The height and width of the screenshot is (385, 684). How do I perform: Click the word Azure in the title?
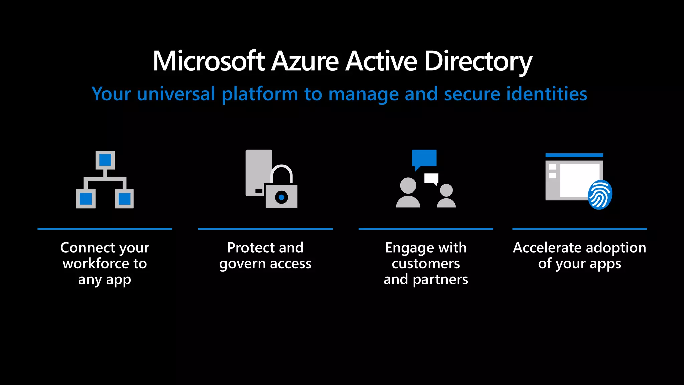coord(305,61)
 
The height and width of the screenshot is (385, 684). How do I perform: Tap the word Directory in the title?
coord(478,62)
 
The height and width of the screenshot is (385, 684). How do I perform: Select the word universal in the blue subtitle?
coord(176,94)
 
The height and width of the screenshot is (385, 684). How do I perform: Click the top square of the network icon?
coord(105,160)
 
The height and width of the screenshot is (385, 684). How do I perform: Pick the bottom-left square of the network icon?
coord(86,199)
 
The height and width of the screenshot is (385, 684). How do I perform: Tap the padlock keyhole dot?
coord(281,198)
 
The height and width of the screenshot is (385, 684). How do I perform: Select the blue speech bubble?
coord(424,158)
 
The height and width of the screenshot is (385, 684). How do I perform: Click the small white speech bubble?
coord(431,178)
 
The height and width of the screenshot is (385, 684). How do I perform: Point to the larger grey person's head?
coord(408,185)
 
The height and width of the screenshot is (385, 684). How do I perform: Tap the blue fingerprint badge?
coord(600,195)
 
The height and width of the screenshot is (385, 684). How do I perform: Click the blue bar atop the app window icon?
coord(574,155)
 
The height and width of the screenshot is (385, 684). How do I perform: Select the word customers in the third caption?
coord(426,264)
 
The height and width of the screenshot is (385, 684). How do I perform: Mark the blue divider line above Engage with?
coord(425,229)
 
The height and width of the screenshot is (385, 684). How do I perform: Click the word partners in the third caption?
coord(440,280)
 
